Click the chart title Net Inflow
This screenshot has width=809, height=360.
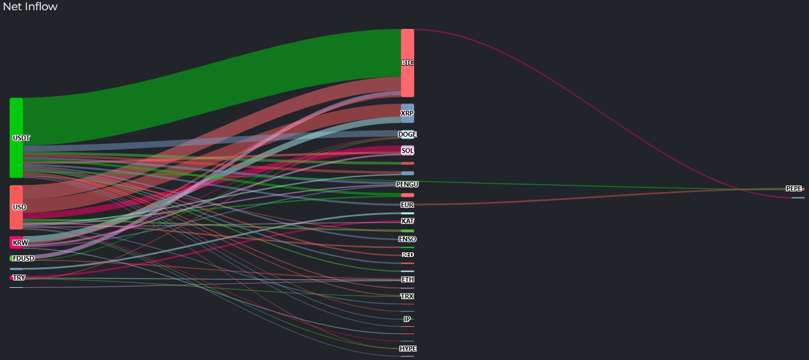point(30,7)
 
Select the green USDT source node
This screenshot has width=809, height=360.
point(16,137)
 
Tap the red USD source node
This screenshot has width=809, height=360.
point(16,207)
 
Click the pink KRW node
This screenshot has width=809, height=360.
point(16,243)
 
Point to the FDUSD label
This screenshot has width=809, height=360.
point(23,258)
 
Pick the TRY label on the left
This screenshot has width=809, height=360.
point(19,278)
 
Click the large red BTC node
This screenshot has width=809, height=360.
point(408,63)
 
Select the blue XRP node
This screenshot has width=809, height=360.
point(408,113)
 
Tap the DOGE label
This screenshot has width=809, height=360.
point(408,134)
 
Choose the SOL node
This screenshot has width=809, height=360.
point(408,151)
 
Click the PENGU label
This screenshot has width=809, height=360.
point(408,184)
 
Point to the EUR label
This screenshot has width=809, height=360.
point(408,205)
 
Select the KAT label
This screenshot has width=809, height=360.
point(408,221)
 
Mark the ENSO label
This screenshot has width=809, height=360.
point(408,239)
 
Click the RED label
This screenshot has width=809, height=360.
point(408,255)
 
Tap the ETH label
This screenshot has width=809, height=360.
point(408,279)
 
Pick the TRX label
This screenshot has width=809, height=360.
point(408,296)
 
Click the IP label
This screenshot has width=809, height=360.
point(408,319)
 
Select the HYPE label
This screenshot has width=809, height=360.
point(408,349)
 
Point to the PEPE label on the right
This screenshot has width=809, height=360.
point(794,188)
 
